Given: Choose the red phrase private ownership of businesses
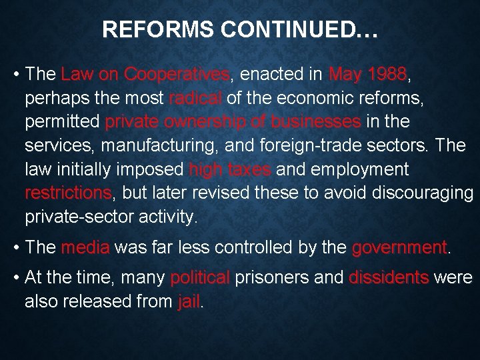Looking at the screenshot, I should [233, 123].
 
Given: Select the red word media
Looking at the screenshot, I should [85, 248].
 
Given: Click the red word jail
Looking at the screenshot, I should [189, 302].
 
